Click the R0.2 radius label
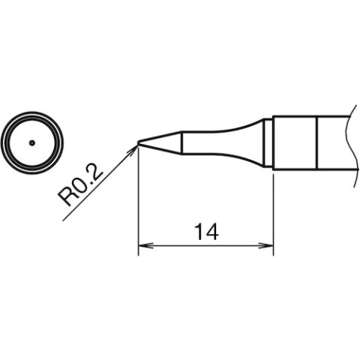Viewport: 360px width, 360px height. (x=80, y=186)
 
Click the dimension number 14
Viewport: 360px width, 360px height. (x=206, y=232)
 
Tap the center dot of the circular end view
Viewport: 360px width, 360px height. (x=31, y=143)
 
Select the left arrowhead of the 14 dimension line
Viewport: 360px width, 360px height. (x=145, y=246)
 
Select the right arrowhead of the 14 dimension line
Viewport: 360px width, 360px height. (x=265, y=246)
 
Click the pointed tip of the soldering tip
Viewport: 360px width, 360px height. (x=138, y=143)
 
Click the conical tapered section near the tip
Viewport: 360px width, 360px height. (x=160, y=143)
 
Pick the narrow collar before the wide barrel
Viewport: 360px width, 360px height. (x=268, y=143)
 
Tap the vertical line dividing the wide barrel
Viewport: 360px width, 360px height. (x=316, y=143)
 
